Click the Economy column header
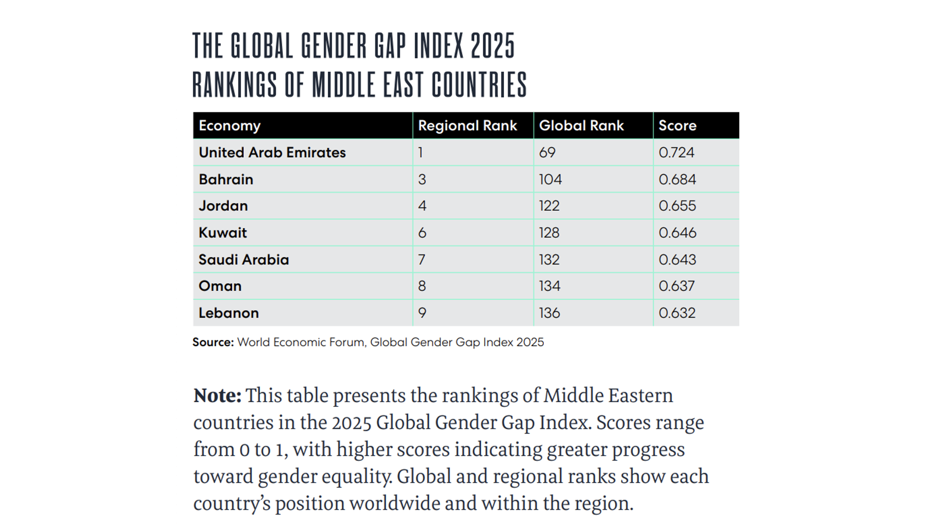pos(230,126)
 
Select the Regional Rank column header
pos(467,126)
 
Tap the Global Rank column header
pos(581,126)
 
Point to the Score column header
pos(677,126)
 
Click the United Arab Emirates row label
pos(272,152)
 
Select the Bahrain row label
pos(226,180)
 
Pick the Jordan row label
pos(223,206)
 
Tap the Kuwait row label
pos(223,233)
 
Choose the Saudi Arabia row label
pos(244,260)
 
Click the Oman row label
pos(220,286)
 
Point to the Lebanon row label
pos(228,313)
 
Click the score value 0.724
pos(676,152)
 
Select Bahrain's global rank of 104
pos(550,180)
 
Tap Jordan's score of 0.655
pos(677,206)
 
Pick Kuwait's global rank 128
pos(549,233)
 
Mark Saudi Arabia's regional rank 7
pos(422,260)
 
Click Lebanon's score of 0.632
pos(677,313)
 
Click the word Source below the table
pos(213,342)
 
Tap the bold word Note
pos(217,396)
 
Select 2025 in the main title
pos(493,46)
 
